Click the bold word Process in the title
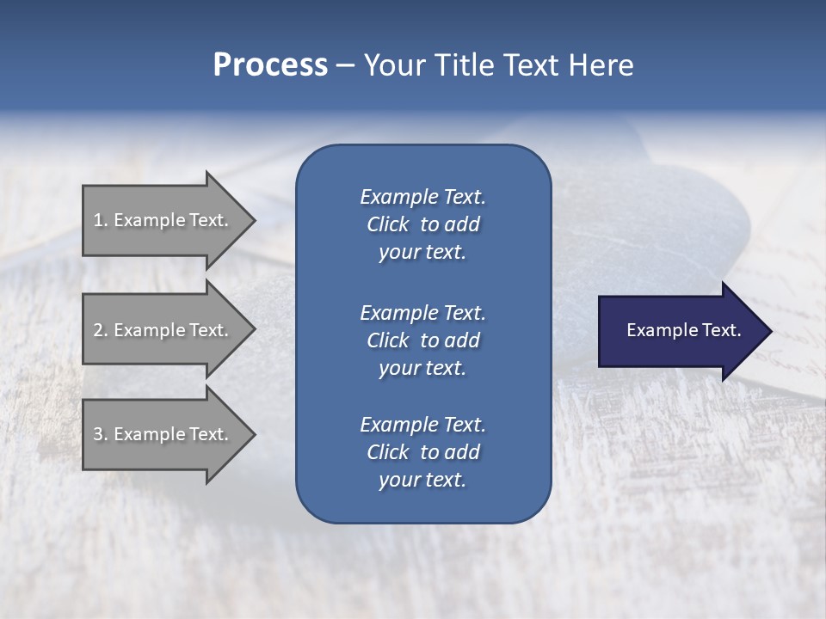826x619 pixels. click(270, 65)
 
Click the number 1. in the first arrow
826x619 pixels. click(101, 220)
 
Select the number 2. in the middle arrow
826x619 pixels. click(101, 330)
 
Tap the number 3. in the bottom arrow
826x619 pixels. click(101, 434)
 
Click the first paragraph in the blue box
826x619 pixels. click(422, 224)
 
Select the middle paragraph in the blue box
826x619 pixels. click(422, 340)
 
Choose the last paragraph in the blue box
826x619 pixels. click(422, 452)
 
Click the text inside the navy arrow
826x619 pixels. click(684, 330)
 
